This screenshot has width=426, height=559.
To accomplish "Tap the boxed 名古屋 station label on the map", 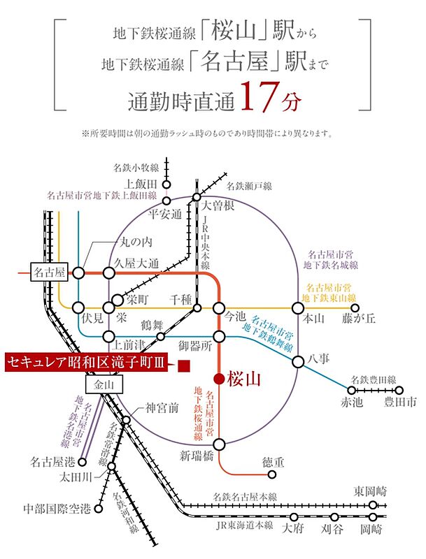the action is click(x=50, y=273).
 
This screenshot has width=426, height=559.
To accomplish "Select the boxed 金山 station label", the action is click(x=104, y=384).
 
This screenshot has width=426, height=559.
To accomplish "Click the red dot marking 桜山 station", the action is click(x=219, y=379).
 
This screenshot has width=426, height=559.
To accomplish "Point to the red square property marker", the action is click(x=184, y=366).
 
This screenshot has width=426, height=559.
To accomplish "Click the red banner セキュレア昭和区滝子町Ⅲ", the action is click(x=86, y=363).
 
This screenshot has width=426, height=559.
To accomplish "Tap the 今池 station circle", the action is click(x=219, y=308).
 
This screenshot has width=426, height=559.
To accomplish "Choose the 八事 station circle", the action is click(x=298, y=362).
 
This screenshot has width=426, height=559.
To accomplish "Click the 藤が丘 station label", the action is click(x=359, y=318).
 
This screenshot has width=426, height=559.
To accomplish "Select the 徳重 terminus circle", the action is click(x=272, y=474).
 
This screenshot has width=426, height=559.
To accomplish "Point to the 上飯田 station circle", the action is click(x=166, y=184).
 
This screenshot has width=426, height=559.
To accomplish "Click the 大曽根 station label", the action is click(x=218, y=206).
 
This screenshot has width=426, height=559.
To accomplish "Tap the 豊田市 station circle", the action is click(x=399, y=391).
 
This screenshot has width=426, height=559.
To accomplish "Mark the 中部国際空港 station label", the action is click(x=57, y=509).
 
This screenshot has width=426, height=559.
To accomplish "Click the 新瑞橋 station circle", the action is click(x=219, y=444).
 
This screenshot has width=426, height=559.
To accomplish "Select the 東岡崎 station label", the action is click(x=370, y=492).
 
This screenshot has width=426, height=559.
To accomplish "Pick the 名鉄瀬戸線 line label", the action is click(x=249, y=186).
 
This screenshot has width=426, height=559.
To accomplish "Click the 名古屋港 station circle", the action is click(x=83, y=463).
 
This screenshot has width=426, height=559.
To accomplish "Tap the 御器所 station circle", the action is click(x=219, y=337).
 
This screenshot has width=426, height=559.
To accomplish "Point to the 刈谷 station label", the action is click(x=332, y=529).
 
